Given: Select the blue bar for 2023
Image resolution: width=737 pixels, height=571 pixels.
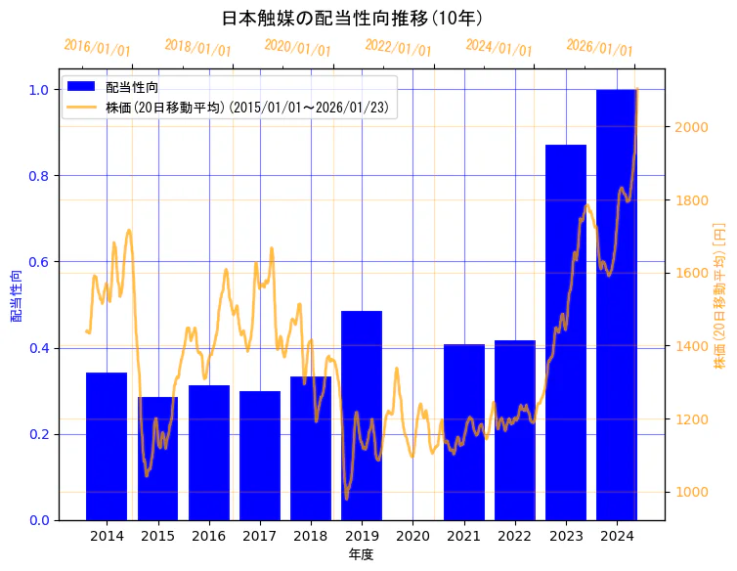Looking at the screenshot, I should [566, 332].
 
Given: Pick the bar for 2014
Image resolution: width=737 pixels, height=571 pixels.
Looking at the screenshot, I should [107, 446].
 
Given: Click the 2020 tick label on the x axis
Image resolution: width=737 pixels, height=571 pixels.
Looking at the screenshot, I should [412, 536].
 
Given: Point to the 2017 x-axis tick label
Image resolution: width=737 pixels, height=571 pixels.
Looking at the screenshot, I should [260, 536].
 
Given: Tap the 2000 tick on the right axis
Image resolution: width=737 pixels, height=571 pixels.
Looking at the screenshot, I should [688, 127].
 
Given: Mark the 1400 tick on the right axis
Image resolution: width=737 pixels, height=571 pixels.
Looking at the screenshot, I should [688, 346].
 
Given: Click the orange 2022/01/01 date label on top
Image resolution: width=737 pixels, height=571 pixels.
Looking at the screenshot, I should [398, 48].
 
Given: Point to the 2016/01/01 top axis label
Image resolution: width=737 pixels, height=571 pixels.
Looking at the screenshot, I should [97, 48].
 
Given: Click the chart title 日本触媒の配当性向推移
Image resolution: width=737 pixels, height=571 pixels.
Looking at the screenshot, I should [352, 19].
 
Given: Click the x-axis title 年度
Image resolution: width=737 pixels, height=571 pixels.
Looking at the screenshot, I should [361, 554].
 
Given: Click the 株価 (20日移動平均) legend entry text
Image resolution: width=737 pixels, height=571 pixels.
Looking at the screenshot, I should [251, 108].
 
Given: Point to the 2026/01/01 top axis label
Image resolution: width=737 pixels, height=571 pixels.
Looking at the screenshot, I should [599, 48].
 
